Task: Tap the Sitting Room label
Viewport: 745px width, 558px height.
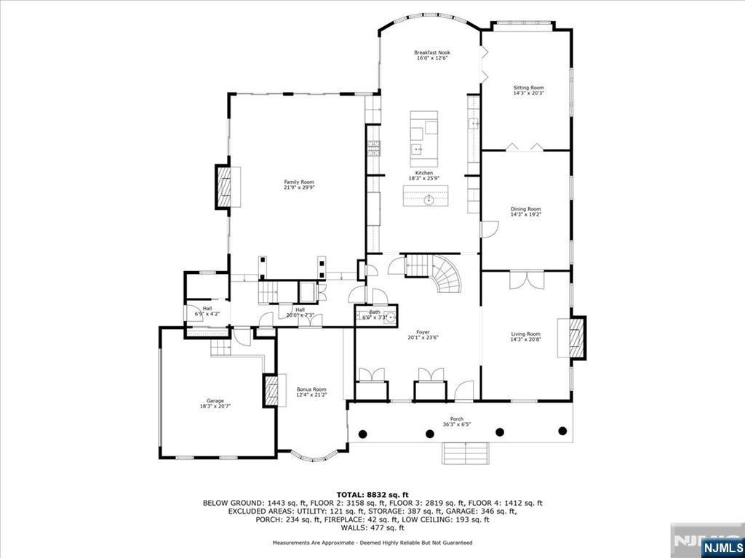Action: pyautogui.click(x=528, y=87)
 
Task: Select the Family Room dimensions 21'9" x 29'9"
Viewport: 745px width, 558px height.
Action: pyautogui.click(x=299, y=187)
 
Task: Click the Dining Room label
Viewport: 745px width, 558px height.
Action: pyautogui.click(x=525, y=209)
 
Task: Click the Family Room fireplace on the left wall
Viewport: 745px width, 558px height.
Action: pyautogui.click(x=224, y=187)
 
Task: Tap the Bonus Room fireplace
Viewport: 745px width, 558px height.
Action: pyautogui.click(x=271, y=390)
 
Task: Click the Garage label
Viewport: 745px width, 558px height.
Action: pyautogui.click(x=215, y=400)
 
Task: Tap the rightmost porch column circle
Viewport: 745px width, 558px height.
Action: pyautogui.click(x=562, y=431)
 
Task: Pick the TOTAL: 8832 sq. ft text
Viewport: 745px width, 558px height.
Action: pyautogui.click(x=372, y=494)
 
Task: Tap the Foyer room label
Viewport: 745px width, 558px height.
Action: pyautogui.click(x=423, y=331)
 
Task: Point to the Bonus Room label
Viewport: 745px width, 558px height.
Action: pyautogui.click(x=311, y=389)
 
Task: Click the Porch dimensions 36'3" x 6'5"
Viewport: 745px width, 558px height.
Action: pyautogui.click(x=457, y=424)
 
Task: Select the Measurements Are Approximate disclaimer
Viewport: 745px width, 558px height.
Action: pyautogui.click(x=372, y=543)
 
